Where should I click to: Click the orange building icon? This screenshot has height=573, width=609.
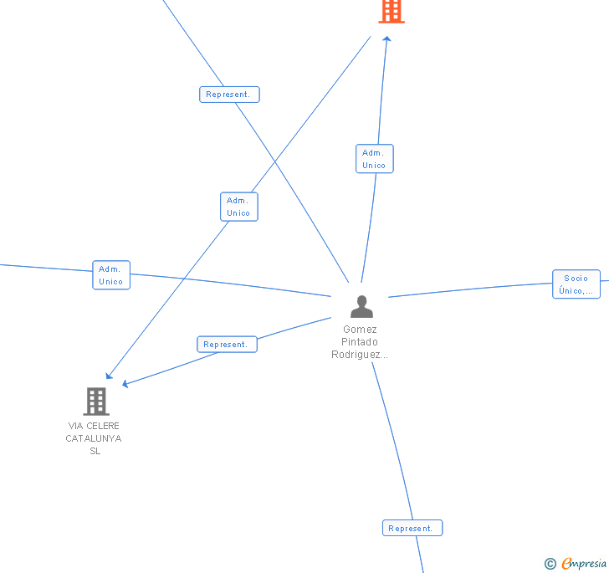(x=391, y=11)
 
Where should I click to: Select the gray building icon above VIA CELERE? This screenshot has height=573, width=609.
(x=96, y=402)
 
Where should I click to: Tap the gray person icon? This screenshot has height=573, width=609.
(x=361, y=307)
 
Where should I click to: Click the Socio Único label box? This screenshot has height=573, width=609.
(x=576, y=284)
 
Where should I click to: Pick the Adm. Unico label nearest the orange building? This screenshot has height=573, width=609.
(x=374, y=159)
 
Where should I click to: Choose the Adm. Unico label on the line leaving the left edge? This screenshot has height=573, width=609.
(x=111, y=275)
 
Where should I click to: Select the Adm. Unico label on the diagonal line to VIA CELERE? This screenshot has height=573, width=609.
(x=238, y=207)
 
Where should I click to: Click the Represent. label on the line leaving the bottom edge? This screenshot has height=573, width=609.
(x=412, y=528)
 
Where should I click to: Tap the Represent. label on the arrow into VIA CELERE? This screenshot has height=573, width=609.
(x=227, y=344)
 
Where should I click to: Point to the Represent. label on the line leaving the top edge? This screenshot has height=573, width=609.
(x=229, y=95)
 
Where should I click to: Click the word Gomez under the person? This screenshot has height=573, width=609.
(x=360, y=330)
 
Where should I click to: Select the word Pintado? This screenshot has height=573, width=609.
(x=360, y=342)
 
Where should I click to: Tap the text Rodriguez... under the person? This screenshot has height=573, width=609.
(x=360, y=355)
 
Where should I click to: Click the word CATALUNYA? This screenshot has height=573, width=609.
(x=94, y=438)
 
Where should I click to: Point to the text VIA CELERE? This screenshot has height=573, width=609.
(x=94, y=426)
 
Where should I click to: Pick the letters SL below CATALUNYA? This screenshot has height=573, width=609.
(x=95, y=451)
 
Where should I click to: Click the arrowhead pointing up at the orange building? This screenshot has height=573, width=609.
(x=386, y=38)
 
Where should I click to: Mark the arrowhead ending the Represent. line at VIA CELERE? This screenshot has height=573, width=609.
(x=125, y=384)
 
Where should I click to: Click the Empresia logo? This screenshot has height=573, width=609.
(x=584, y=564)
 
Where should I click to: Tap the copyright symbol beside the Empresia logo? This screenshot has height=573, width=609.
(x=550, y=564)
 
